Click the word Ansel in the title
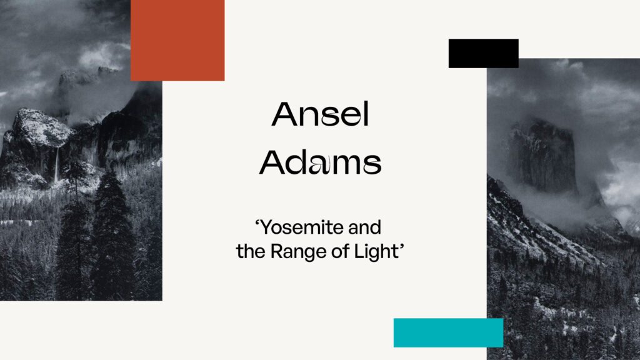coord(321,114)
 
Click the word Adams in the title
coord(321,162)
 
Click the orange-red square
coord(177,40)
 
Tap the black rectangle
coord(484,54)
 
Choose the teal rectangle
coord(449,332)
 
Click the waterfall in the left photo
coord(56,165)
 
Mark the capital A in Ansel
coord(284,114)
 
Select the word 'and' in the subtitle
coord(364,227)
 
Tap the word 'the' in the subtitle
coord(251,251)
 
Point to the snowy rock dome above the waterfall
coord(41,126)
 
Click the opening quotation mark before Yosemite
coord(257,223)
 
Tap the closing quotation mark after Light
coord(401,246)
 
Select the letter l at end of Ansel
coord(366,114)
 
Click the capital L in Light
coord(359,251)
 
